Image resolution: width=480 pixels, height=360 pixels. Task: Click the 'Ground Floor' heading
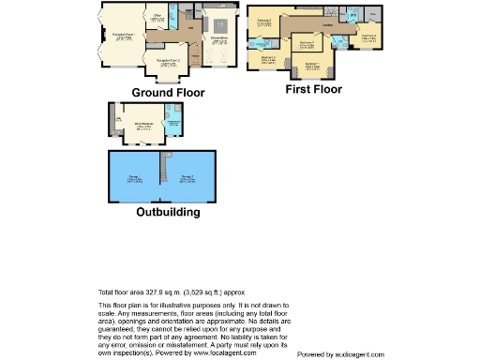click(168, 93)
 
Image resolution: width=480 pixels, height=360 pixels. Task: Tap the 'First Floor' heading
click(313, 90)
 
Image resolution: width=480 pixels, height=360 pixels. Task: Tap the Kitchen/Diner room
click(221, 39)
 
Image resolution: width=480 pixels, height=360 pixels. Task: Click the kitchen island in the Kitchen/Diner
click(221, 24)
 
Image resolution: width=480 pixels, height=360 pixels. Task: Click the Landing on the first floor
click(327, 25)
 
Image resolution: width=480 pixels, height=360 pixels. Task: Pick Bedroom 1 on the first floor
click(313, 66)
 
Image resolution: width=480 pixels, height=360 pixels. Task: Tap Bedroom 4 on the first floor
click(370, 37)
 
